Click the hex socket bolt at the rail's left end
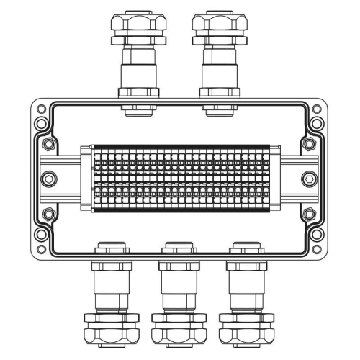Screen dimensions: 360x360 (49, 179)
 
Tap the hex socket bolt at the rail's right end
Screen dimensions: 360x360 (310, 179)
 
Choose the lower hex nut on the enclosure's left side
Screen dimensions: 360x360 (48, 214)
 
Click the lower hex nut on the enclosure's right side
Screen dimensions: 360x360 (310, 214)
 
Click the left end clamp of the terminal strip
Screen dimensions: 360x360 (86, 178)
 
